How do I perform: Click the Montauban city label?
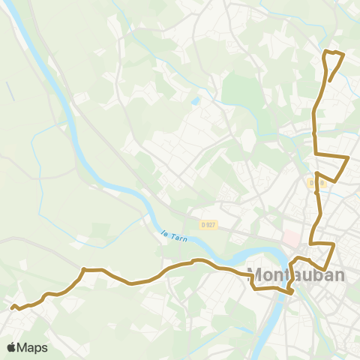tap(296, 275)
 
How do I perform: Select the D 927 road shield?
tap(208, 224)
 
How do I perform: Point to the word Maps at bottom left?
tap(33, 347)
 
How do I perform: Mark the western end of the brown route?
tap(11, 306)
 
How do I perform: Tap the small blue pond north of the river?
tap(196, 100)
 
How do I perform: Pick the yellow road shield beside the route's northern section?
tap(315, 182)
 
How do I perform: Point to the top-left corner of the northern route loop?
tap(324, 52)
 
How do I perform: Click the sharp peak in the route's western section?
tap(83, 268)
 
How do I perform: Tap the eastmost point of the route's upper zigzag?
tap(349, 157)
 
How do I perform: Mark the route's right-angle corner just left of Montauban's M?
tap(252, 275)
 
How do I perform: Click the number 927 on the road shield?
tap(211, 224)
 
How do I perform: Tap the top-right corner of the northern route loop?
tap(343, 55)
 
